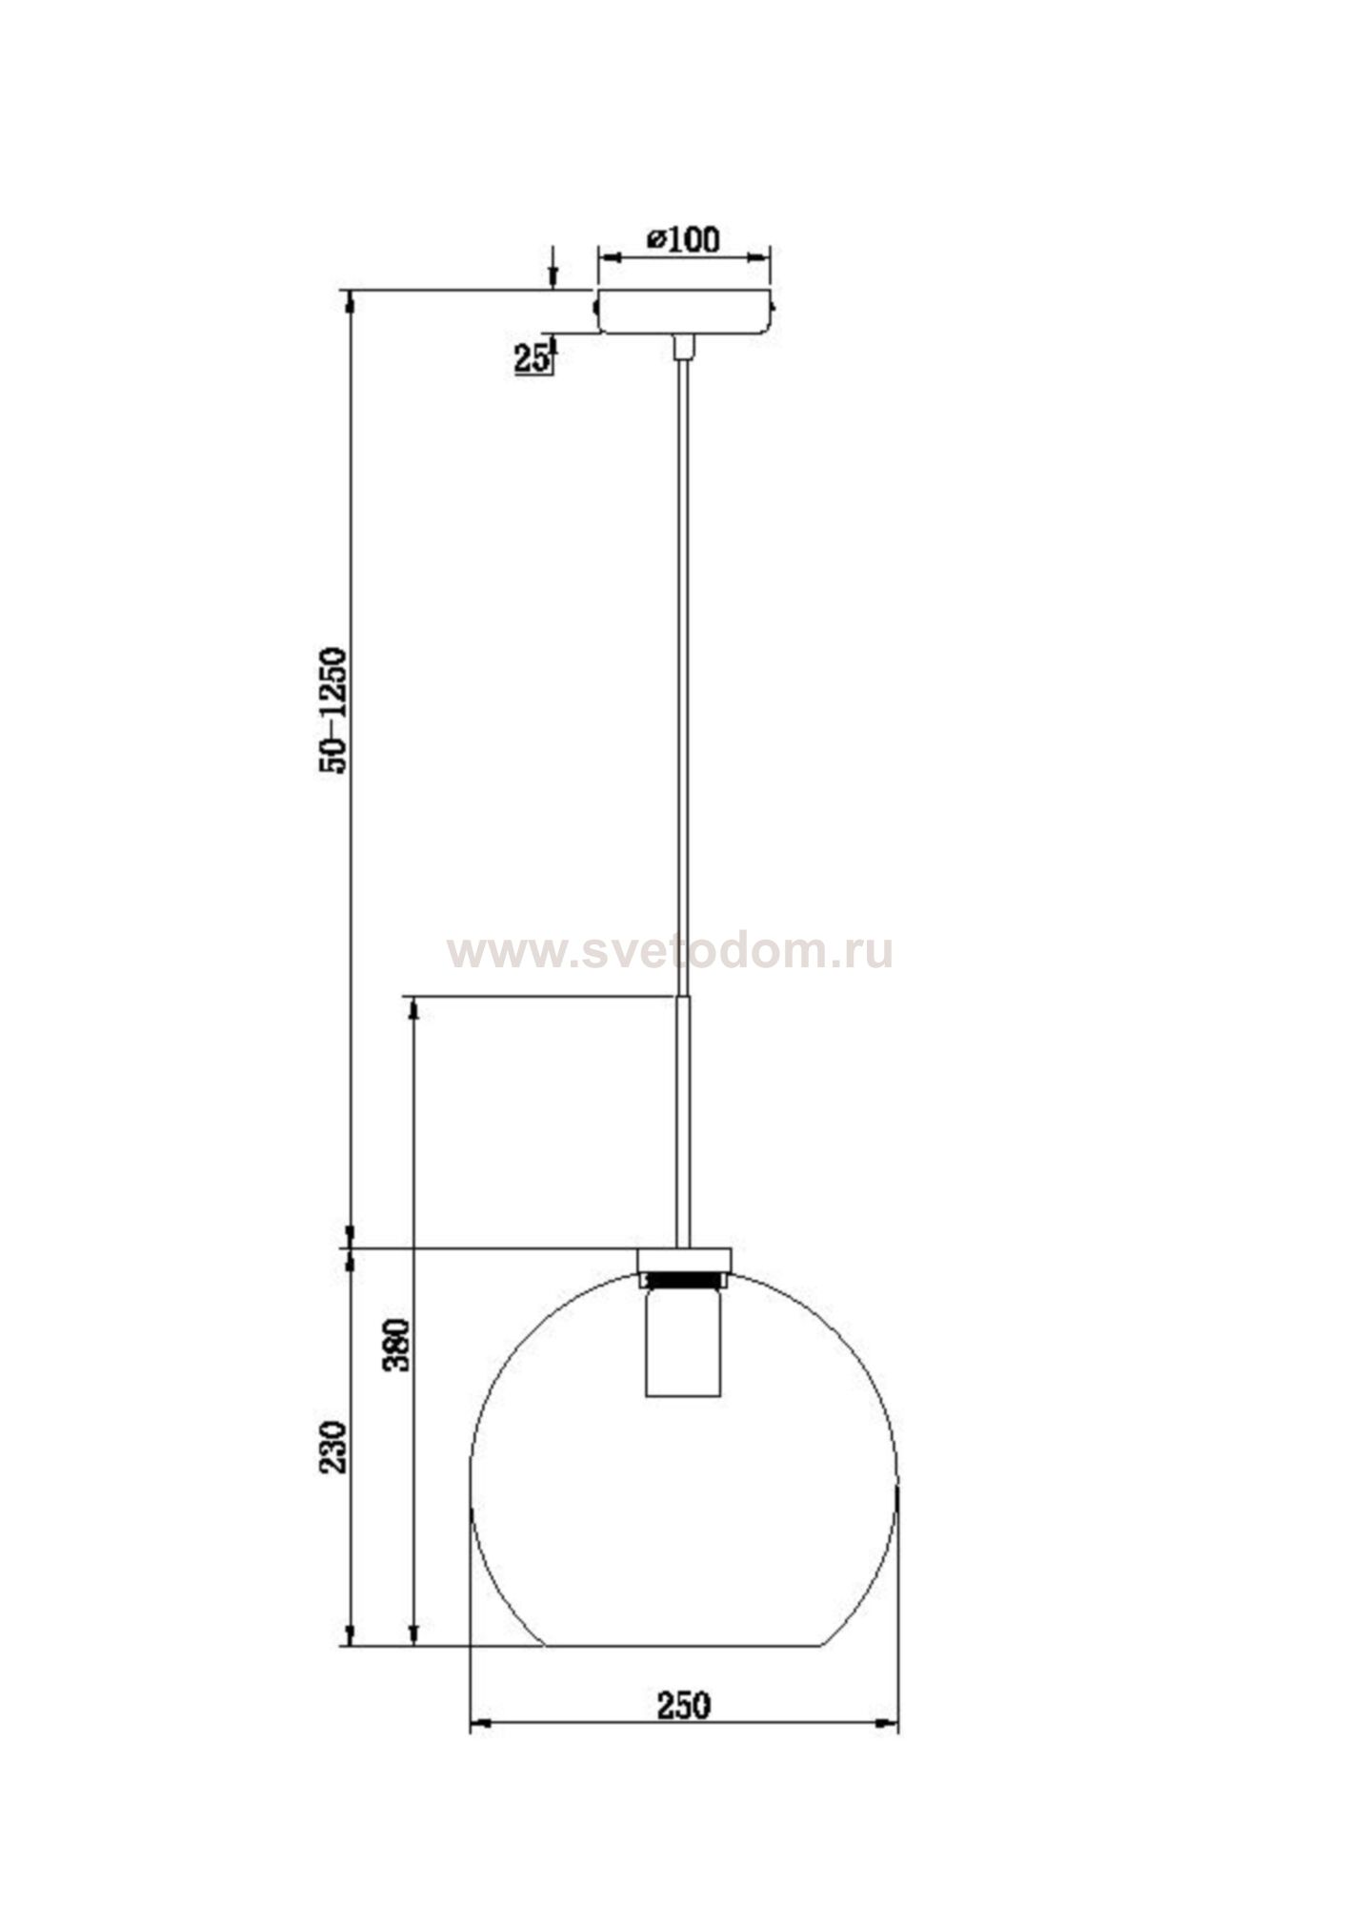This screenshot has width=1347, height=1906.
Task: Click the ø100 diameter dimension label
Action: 683,238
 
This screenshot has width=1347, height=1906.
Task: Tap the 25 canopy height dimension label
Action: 532,358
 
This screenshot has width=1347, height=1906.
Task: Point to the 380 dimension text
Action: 396,1345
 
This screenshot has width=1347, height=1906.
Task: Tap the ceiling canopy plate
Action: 683,311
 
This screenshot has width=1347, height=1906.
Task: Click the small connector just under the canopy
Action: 683,347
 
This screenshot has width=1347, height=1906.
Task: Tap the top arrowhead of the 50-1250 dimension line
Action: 351,300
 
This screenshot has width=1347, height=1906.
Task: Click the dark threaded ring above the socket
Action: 683,1277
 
